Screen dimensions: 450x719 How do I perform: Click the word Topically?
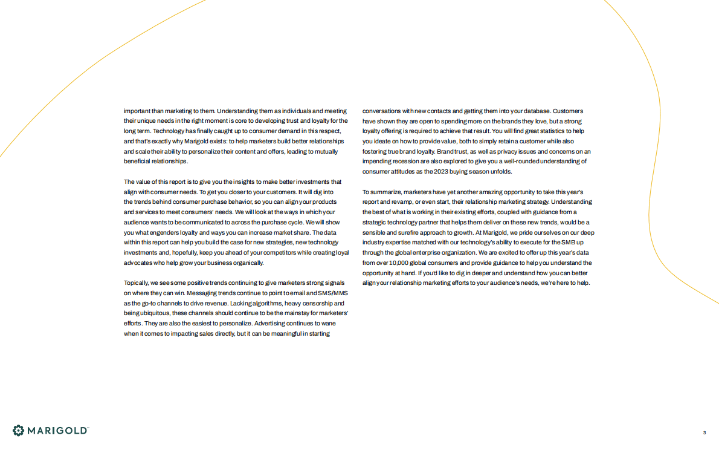136,282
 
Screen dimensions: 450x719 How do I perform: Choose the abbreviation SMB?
569,242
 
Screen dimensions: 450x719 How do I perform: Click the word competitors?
270,252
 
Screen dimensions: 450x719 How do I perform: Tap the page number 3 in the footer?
704,432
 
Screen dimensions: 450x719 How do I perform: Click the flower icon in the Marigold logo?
19,430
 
